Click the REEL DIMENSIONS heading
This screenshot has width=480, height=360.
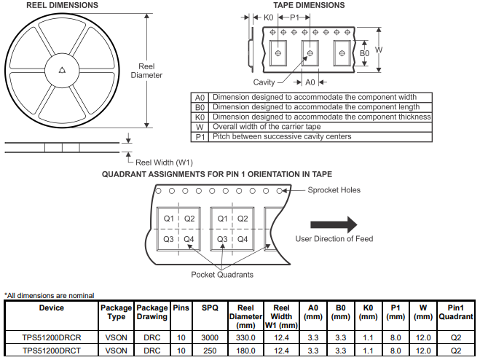coord(62,5)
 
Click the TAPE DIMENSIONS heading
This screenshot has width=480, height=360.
coord(309,5)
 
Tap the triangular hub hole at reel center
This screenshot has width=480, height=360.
coord(63,71)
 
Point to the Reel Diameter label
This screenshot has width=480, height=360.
coord(146,71)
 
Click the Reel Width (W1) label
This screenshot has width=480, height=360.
coord(165,162)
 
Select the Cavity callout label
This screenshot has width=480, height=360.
coord(264,82)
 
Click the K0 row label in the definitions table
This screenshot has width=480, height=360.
coord(200,117)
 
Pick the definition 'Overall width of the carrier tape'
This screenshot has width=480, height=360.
coord(266,127)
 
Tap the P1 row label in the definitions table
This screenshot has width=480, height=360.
coord(200,136)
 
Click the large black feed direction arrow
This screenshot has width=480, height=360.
coord(334,224)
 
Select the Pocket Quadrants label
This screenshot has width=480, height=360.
coord(222,275)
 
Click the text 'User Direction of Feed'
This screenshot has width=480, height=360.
coord(335,239)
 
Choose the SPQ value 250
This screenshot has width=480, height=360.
coord(210,351)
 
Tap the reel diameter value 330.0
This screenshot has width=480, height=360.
coord(245,338)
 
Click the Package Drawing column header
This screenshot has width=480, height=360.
coord(152,312)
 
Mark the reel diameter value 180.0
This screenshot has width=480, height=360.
coord(245,351)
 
